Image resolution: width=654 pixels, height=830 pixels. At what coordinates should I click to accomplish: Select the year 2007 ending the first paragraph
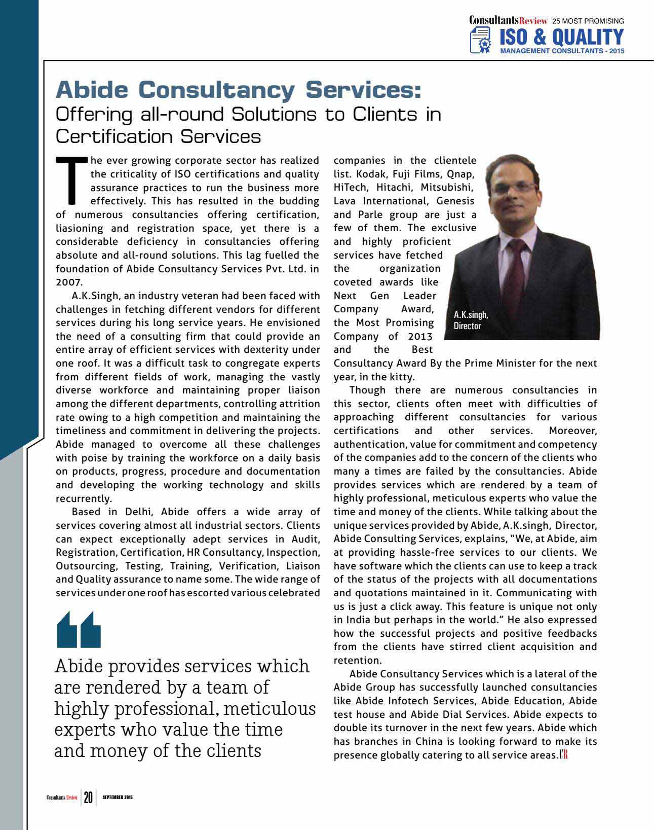69,282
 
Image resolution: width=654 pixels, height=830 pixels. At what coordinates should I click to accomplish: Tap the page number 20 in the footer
88,798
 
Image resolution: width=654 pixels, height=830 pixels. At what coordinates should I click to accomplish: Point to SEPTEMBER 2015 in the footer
117,798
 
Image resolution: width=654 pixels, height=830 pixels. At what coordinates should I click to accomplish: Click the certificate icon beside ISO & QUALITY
481,41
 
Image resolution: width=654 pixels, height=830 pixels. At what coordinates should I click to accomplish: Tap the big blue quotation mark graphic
79,630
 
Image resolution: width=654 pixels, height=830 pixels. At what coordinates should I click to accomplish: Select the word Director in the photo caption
467,326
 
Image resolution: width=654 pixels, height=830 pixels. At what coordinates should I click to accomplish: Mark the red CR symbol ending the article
564,755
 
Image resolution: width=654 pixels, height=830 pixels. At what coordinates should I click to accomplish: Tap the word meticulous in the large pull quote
269,709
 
